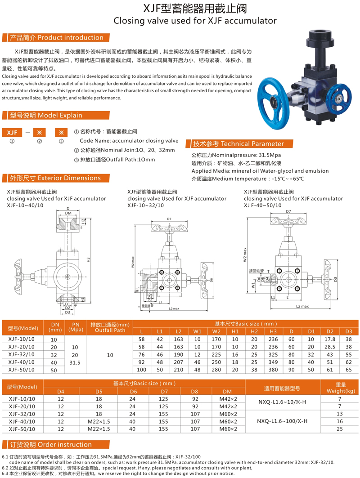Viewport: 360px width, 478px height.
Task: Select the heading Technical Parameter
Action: (x=238, y=144)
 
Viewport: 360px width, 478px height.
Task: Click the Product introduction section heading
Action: (x=56, y=38)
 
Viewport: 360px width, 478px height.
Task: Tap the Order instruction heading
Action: (x=50, y=445)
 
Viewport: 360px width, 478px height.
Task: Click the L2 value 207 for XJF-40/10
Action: (x=179, y=362)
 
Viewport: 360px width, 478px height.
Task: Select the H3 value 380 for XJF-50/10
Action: (x=273, y=370)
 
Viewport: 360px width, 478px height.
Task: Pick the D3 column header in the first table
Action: (x=348, y=331)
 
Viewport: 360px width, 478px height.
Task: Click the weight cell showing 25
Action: (x=340, y=429)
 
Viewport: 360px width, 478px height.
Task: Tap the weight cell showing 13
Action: (x=340, y=413)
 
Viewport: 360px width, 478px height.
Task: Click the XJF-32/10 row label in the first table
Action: (x=21, y=354)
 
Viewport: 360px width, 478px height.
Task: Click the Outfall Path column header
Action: (x=110, y=327)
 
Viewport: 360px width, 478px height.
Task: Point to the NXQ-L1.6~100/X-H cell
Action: (x=282, y=421)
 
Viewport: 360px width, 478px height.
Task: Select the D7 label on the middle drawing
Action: (x=169, y=219)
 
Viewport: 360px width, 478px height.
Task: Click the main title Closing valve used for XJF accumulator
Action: (x=195, y=20)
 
